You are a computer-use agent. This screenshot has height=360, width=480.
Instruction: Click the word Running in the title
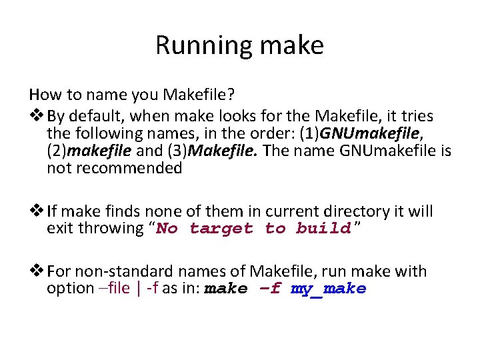(x=195, y=45)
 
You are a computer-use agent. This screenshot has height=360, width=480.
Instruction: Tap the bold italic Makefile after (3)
(x=225, y=151)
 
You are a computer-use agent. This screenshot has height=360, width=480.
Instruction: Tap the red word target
(x=221, y=229)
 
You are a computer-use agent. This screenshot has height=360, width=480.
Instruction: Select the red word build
(x=323, y=229)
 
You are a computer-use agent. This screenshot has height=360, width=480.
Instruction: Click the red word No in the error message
(x=167, y=229)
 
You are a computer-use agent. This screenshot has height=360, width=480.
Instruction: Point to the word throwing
(x=113, y=229)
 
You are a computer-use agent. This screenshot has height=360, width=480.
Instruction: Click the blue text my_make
(x=329, y=289)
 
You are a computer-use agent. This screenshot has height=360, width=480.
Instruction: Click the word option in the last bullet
(x=70, y=288)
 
